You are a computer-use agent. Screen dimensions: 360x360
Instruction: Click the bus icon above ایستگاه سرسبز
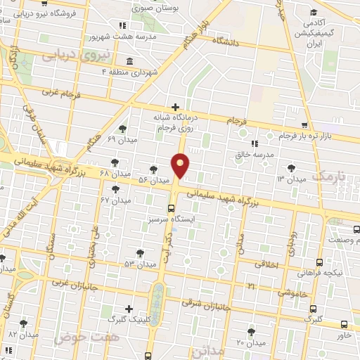(171, 207)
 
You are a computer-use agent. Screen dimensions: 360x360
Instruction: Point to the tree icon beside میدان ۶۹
(124, 128)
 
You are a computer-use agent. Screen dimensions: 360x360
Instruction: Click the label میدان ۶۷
(116, 201)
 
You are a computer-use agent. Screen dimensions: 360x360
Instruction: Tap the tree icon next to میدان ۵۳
(140, 252)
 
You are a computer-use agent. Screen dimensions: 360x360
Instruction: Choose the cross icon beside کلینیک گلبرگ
(129, 309)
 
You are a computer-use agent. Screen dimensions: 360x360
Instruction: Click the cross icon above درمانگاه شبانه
(174, 107)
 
